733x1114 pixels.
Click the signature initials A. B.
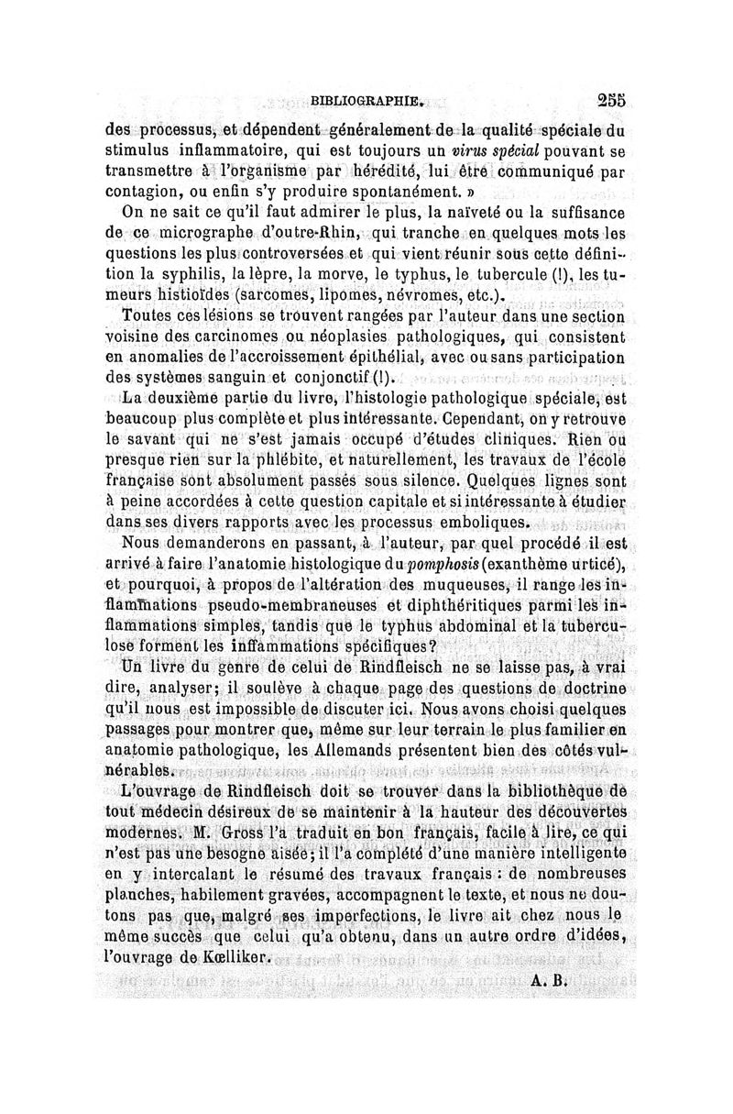(x=546, y=979)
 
